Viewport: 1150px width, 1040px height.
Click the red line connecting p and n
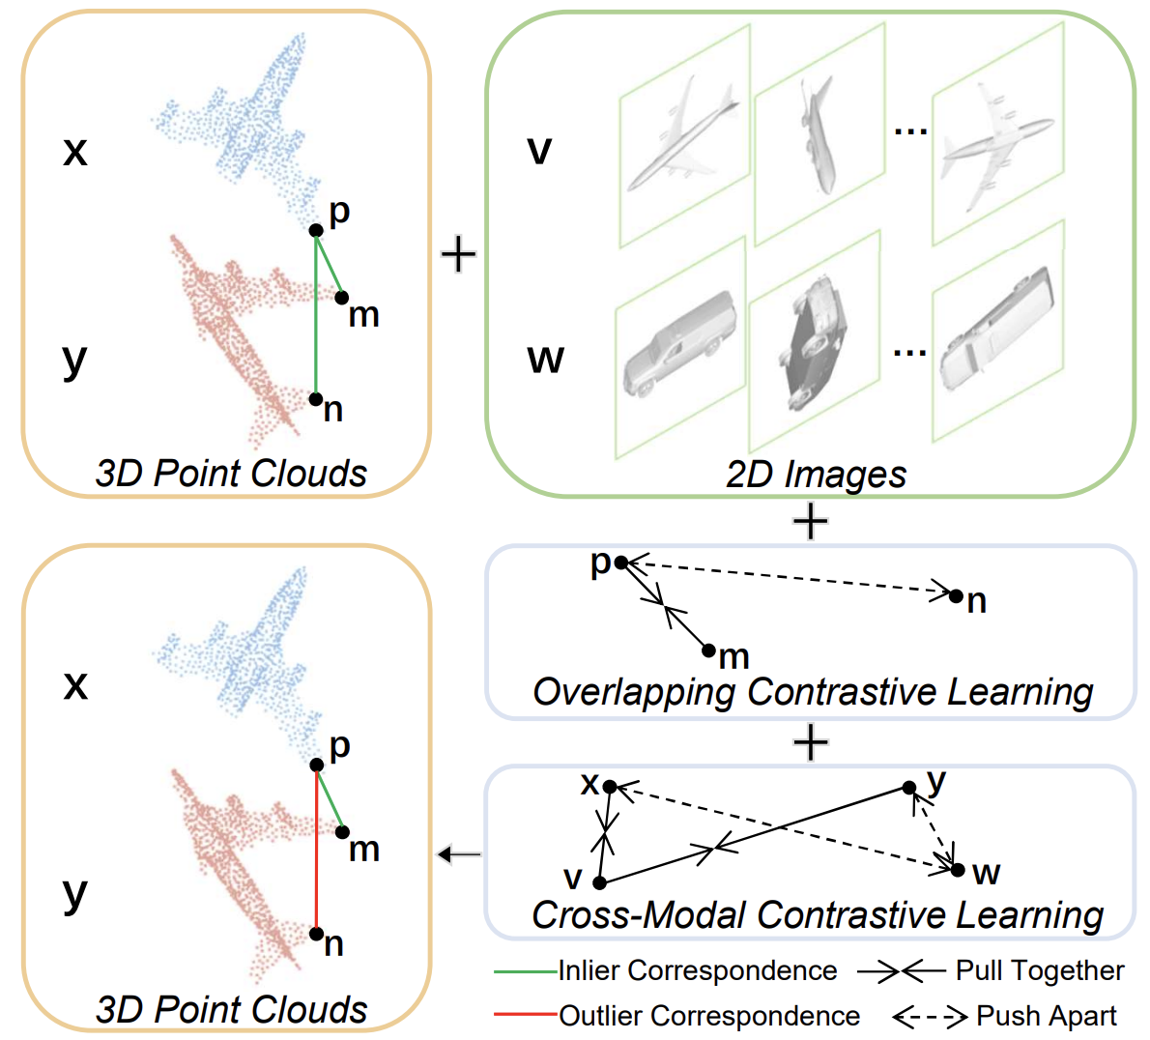(x=316, y=851)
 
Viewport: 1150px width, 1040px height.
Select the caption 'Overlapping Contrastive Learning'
(x=812, y=692)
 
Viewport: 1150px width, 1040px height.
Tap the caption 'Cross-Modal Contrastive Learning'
(x=818, y=914)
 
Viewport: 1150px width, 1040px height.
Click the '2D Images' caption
(x=816, y=474)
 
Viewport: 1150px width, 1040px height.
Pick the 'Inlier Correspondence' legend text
(x=698, y=970)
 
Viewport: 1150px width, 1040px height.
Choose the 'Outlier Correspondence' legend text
(x=709, y=1016)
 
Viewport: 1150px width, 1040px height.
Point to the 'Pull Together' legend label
(x=1040, y=970)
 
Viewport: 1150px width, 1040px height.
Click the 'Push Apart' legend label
(x=1047, y=1016)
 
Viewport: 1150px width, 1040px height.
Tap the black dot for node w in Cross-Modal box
(x=957, y=870)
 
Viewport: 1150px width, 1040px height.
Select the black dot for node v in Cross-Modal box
(x=599, y=882)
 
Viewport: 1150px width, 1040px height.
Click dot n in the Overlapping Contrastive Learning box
(x=956, y=595)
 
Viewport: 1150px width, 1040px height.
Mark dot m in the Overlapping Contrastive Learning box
(x=708, y=650)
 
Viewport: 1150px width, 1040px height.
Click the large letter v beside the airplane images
(x=539, y=150)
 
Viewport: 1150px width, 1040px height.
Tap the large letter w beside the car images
(x=545, y=359)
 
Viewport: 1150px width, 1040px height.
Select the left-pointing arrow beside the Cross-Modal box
(x=459, y=853)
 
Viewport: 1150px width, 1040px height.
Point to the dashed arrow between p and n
(x=788, y=578)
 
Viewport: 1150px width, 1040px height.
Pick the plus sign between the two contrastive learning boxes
(x=810, y=742)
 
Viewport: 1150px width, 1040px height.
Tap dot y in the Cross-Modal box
(x=908, y=789)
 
